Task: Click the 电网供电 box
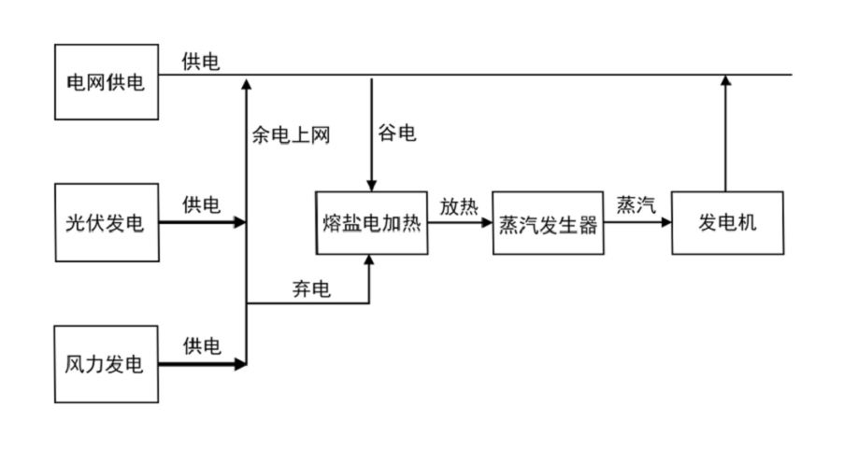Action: click(x=105, y=83)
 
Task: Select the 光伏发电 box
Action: click(x=105, y=224)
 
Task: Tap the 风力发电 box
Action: click(x=105, y=364)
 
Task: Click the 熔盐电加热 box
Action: click(x=372, y=224)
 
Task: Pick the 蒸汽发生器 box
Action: click(x=547, y=224)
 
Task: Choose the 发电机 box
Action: click(x=726, y=224)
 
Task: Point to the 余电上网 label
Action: click(x=292, y=133)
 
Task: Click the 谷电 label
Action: click(x=397, y=133)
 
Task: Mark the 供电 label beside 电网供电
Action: click(x=202, y=63)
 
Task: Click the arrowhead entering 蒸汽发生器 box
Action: click(x=487, y=224)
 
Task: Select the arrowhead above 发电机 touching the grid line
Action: click(x=726, y=82)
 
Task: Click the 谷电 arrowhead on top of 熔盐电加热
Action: click(x=372, y=186)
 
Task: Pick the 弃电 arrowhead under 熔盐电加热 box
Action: click(x=370, y=262)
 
